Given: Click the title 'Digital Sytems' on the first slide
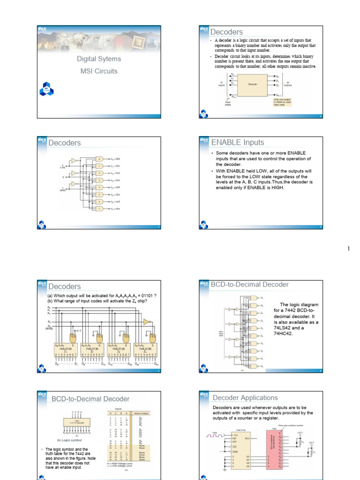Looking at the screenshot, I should click(x=99, y=59).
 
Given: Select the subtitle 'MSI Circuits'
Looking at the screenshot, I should click(x=99, y=71).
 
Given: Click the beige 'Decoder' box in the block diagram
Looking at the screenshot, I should click(x=253, y=85).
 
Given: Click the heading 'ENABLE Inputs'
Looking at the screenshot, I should click(x=238, y=142).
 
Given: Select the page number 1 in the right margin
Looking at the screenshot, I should click(x=348, y=249).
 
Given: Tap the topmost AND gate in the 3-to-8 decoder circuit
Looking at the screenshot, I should click(x=100, y=159).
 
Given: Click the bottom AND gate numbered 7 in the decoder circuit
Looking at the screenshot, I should click(x=100, y=208).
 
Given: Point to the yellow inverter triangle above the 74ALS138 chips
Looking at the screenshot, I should click(x=147, y=322).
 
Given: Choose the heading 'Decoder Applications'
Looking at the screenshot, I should click(x=245, y=398).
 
